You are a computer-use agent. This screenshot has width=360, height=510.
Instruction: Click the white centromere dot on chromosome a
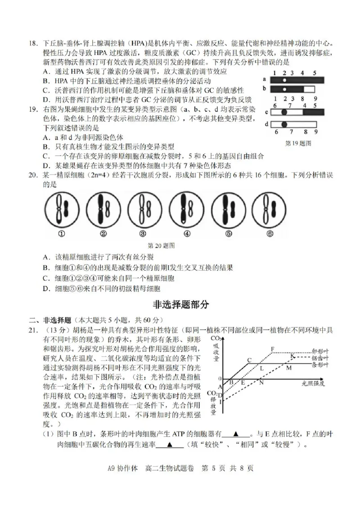(284, 79)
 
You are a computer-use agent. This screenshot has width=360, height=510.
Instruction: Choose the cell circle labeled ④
(187, 209)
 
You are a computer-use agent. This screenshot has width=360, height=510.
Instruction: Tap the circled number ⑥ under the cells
(270, 234)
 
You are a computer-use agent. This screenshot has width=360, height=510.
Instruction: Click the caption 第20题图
(161, 246)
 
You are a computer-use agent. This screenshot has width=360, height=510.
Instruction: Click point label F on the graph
(273, 349)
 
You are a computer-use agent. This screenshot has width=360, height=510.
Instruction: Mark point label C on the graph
(249, 360)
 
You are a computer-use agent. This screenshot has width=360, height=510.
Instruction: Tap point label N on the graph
(261, 383)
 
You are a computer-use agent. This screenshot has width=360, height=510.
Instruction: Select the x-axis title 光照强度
(313, 383)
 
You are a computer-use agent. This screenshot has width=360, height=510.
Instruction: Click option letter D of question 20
(46, 289)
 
